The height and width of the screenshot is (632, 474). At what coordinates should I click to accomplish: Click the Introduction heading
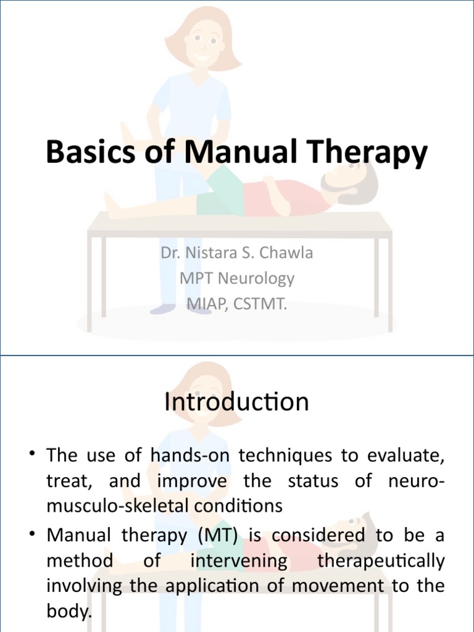point(236,402)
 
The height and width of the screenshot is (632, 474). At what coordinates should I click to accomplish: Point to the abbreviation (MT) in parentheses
point(217,536)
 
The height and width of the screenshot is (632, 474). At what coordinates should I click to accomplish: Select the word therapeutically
point(380,561)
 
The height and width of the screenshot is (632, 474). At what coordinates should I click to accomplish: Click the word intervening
point(239,561)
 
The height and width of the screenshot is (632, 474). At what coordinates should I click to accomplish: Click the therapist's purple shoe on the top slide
point(162,308)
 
